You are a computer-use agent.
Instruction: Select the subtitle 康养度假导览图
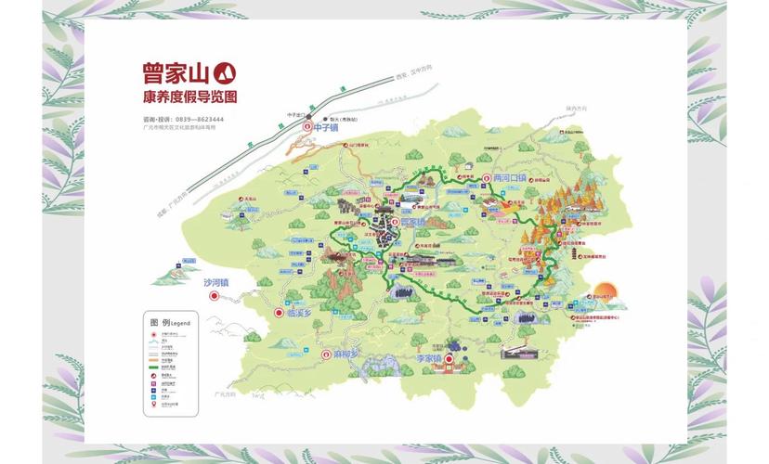186,97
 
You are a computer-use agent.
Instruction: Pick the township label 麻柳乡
344,354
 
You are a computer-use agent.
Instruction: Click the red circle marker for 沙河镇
215,296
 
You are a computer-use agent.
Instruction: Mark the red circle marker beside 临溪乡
276,315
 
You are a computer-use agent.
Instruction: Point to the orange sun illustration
606,292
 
